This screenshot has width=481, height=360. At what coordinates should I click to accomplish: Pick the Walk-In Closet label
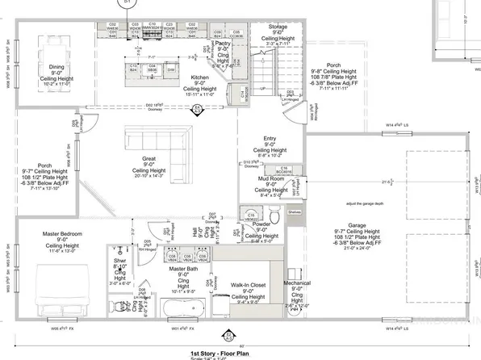coord(249,285)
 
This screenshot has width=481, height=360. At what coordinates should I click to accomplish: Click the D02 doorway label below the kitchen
coord(154,105)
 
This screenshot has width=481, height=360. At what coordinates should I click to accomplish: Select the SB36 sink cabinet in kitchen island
coord(151,69)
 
